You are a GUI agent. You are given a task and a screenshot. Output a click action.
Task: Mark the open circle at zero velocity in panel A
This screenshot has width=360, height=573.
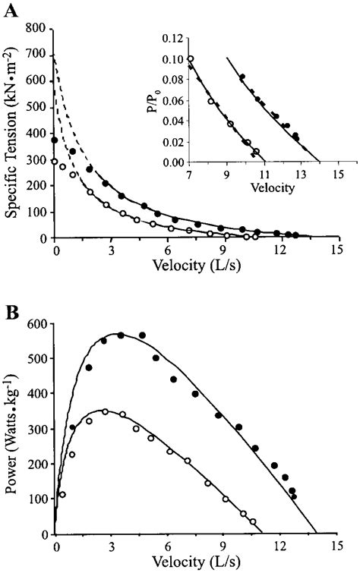(55, 161)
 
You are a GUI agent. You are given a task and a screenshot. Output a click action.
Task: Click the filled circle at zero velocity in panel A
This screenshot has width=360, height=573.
(55, 140)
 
